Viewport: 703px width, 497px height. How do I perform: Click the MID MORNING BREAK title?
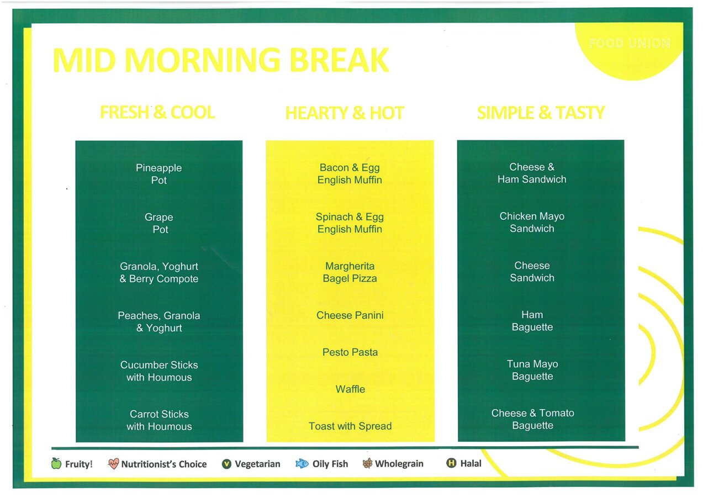point(221,60)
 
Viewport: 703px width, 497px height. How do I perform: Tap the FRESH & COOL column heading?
point(157,112)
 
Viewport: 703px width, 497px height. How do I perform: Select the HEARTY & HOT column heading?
point(345,113)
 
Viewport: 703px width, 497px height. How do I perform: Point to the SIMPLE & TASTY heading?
point(541,113)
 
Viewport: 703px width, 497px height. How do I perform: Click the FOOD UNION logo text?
point(629,43)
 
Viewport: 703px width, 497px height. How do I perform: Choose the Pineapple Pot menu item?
point(159,174)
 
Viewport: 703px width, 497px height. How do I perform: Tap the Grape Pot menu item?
point(159,223)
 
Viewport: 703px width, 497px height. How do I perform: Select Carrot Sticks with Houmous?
point(159,420)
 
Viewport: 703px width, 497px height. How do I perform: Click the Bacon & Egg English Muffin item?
point(350,173)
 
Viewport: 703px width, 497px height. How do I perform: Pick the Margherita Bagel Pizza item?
point(350,272)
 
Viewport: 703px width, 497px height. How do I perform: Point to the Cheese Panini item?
point(350,315)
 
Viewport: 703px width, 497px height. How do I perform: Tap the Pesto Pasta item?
point(350,352)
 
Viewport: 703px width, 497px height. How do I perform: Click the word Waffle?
point(350,389)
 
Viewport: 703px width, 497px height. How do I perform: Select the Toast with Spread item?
point(350,426)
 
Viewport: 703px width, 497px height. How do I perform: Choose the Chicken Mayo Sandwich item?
point(532,222)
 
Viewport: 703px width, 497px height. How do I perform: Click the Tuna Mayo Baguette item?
point(532,370)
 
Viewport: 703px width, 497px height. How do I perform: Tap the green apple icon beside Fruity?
point(56,463)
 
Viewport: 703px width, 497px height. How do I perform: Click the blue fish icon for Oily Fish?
point(302,463)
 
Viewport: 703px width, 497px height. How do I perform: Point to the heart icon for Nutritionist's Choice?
point(113,463)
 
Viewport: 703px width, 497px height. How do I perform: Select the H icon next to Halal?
point(451,463)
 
